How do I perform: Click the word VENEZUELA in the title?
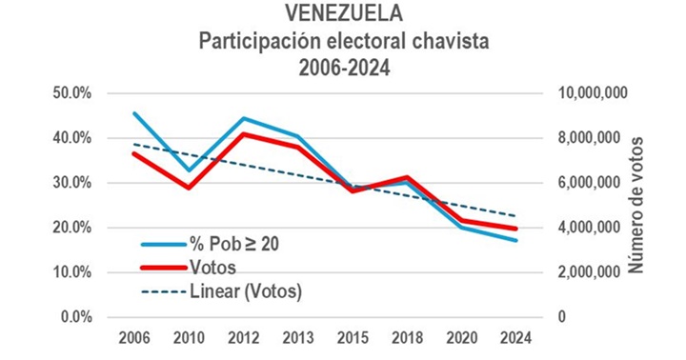(x=342, y=14)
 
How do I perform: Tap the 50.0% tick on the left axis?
(x=71, y=93)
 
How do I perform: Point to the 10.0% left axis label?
(x=71, y=272)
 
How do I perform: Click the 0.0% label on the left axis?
(x=75, y=317)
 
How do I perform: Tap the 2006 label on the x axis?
(x=133, y=337)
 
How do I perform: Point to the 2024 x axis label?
(x=516, y=337)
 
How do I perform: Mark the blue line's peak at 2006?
(x=133, y=113)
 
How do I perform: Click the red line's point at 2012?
(x=244, y=134)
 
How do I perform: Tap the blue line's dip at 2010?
(x=189, y=170)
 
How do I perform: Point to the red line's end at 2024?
(x=516, y=229)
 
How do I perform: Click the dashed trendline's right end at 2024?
(x=516, y=216)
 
